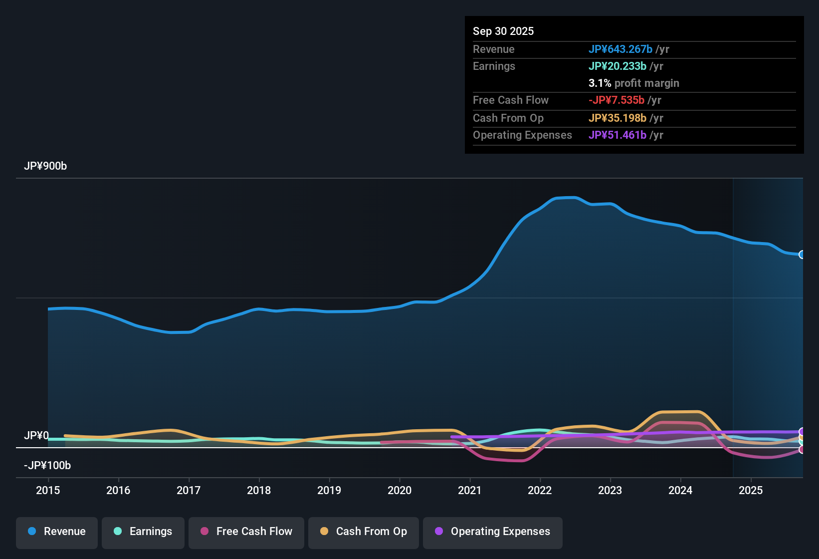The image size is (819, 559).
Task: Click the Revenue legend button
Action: pyautogui.click(x=57, y=532)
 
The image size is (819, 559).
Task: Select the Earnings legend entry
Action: pyautogui.click(x=143, y=532)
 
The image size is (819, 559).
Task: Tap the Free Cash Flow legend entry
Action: pyautogui.click(x=246, y=532)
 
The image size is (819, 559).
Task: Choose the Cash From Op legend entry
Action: pyautogui.click(x=364, y=532)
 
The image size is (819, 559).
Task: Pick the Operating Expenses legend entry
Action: pyautogui.click(x=493, y=532)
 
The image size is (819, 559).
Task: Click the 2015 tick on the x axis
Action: pyautogui.click(x=48, y=490)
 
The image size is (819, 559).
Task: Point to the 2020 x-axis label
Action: pyautogui.click(x=400, y=490)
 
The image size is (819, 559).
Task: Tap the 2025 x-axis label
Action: pyautogui.click(x=751, y=490)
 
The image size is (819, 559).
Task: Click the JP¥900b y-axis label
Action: pyautogui.click(x=45, y=166)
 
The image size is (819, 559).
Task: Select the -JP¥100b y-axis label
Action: pyautogui.click(x=47, y=466)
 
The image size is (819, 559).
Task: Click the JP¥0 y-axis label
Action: pyautogui.click(x=36, y=436)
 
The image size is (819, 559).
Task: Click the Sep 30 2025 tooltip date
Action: pyautogui.click(x=503, y=31)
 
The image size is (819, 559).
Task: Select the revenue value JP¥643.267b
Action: pyautogui.click(x=620, y=49)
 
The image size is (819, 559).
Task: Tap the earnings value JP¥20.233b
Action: pyautogui.click(x=617, y=66)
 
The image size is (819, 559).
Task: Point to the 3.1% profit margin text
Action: pyautogui.click(x=633, y=83)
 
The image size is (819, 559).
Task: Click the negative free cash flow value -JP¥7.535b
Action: pyautogui.click(x=616, y=100)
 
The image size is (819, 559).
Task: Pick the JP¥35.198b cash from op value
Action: pyautogui.click(x=617, y=118)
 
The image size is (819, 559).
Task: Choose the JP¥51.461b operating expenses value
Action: pyautogui.click(x=617, y=135)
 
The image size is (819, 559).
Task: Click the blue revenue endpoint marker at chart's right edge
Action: pyautogui.click(x=802, y=255)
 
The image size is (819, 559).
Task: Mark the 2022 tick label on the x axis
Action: pyautogui.click(x=540, y=490)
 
